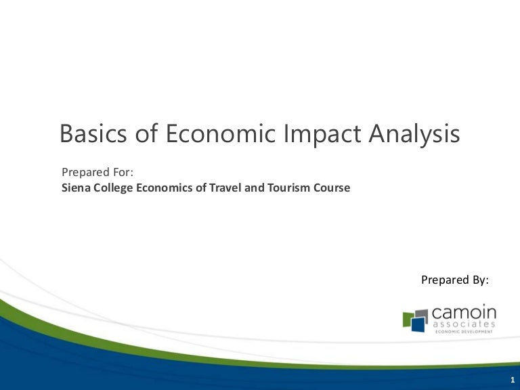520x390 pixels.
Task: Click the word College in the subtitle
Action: pyautogui.click(x=115, y=188)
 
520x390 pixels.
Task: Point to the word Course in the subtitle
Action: pyautogui.click(x=332, y=188)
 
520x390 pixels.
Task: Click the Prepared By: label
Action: pyautogui.click(x=454, y=279)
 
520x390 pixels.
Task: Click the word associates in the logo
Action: pyautogui.click(x=464, y=325)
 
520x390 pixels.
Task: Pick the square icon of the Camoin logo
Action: pyautogui.click(x=416, y=318)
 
